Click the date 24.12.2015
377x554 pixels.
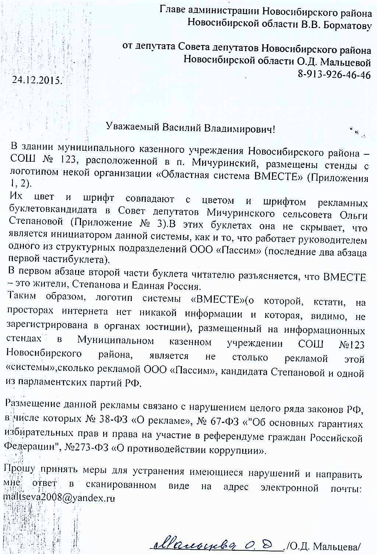point(37,80)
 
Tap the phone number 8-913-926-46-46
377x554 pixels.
point(334,75)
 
